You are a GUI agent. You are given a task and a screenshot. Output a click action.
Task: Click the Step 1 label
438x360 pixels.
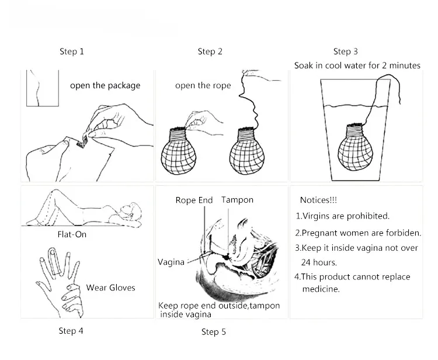click(x=72, y=51)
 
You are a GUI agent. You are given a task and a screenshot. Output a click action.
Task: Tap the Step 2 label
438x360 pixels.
click(x=210, y=51)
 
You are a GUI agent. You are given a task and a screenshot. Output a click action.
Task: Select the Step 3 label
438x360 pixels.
click(x=346, y=51)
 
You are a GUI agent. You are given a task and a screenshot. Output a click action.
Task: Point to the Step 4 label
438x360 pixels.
click(x=71, y=331)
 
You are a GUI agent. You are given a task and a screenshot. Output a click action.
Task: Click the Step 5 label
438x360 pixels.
click(x=214, y=332)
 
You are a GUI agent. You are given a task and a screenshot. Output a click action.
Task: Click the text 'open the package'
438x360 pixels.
click(x=105, y=85)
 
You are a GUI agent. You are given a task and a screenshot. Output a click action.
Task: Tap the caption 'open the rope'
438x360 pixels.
click(x=203, y=85)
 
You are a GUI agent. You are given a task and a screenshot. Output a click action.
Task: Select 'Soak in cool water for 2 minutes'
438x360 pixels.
click(x=357, y=65)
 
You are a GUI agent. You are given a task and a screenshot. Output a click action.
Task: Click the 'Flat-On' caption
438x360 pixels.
click(x=73, y=235)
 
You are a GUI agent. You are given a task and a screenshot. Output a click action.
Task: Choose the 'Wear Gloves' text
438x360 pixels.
click(x=110, y=287)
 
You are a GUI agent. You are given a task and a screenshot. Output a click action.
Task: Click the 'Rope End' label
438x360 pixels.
click(x=194, y=200)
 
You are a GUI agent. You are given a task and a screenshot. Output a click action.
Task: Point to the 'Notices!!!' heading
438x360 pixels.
click(x=318, y=200)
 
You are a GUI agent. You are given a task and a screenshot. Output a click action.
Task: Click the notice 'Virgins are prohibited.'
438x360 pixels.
click(x=342, y=216)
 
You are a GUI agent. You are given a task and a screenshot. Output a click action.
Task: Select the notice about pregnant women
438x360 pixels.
click(x=358, y=233)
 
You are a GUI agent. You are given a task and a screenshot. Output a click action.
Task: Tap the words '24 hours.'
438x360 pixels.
click(x=319, y=262)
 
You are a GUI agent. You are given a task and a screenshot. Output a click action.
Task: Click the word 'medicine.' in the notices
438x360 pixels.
click(x=321, y=289)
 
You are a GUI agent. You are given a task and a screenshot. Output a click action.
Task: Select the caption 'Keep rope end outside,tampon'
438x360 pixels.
click(x=219, y=306)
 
